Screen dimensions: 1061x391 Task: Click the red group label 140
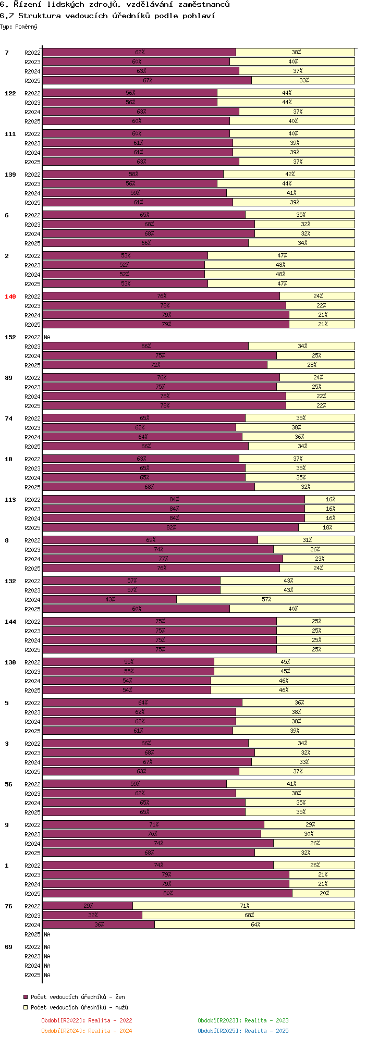pyautogui.click(x=10, y=297)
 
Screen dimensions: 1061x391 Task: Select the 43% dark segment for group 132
pyautogui.click(x=109, y=599)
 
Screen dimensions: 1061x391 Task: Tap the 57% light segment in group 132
pyautogui.click(x=266, y=599)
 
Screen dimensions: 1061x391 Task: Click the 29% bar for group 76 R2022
pyautogui.click(x=88, y=906)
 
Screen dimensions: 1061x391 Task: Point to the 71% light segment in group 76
pyautogui.click(x=244, y=906)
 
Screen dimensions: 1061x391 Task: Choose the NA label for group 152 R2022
pyautogui.click(x=47, y=337)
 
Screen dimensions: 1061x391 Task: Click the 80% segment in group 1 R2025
pyautogui.click(x=167, y=893)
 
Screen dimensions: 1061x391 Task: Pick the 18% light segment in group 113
pyautogui.click(x=327, y=527)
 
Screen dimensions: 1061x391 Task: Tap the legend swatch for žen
pyautogui.click(x=26, y=997)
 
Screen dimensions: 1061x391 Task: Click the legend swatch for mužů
pyautogui.click(x=26, y=1007)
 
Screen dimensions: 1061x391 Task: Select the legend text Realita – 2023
pyautogui.click(x=266, y=1020)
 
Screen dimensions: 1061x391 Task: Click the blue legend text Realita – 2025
pyautogui.click(x=266, y=1031)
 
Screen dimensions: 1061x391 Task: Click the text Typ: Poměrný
pyautogui.click(x=19, y=27)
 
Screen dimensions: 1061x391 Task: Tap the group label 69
pyautogui.click(x=8, y=947)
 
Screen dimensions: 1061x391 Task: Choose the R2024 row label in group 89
pyautogui.click(x=32, y=397)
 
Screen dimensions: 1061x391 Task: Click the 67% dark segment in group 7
pyautogui.click(x=147, y=80)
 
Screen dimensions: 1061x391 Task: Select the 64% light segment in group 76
pyautogui.click(x=255, y=924)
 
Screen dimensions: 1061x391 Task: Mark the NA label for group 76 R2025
pyautogui.click(x=47, y=934)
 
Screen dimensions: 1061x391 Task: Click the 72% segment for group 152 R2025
pyautogui.click(x=155, y=365)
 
